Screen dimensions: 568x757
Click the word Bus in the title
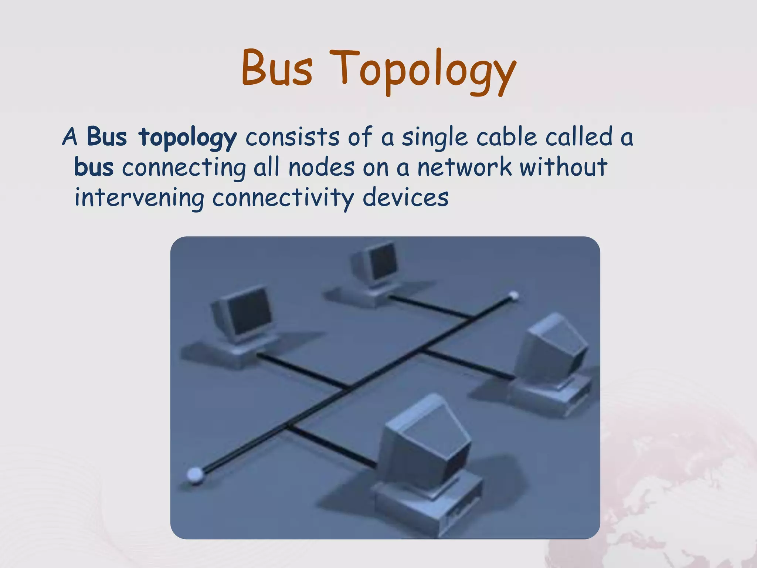point(277,68)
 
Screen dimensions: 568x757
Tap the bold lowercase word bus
point(94,167)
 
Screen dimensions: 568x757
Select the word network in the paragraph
point(465,167)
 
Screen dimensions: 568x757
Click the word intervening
point(139,198)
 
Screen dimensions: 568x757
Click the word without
point(563,167)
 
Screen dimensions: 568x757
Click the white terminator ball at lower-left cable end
point(195,474)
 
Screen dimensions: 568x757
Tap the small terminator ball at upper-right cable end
point(513,295)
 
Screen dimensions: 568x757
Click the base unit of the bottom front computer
point(425,507)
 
